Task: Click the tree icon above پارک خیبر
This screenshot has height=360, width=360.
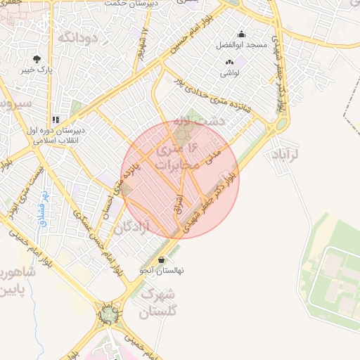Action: pos(37,59)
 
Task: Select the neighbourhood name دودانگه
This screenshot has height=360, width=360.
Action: pos(77,37)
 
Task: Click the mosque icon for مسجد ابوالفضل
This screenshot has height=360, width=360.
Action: pos(242,34)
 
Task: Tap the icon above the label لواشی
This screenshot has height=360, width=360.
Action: pos(229,63)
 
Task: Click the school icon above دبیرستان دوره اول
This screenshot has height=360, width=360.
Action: pos(56,120)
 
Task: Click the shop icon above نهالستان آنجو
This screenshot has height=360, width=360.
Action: pos(162,260)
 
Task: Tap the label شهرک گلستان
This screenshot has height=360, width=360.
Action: pos(158,302)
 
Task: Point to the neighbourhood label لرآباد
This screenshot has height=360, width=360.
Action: pos(284,153)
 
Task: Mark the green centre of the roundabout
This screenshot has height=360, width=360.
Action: pos(108,315)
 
